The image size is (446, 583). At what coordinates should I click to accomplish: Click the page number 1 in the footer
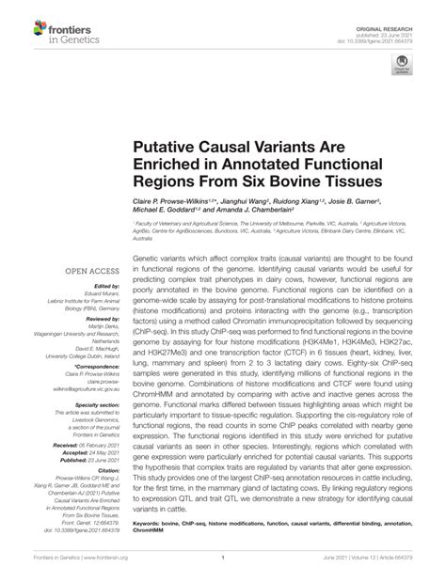(223, 563)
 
